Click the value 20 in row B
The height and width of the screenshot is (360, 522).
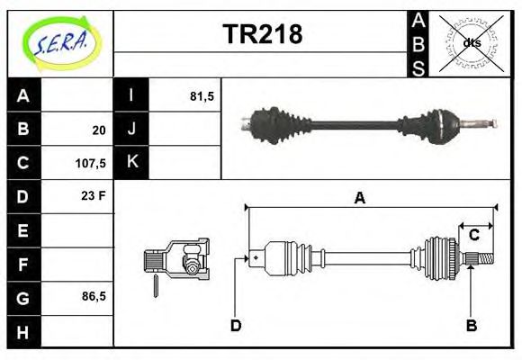click(98, 130)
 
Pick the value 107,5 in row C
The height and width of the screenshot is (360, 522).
click(93, 165)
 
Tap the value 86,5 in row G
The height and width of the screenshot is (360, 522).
click(93, 296)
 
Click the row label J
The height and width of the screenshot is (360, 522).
click(131, 130)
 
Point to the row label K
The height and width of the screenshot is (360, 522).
click(131, 163)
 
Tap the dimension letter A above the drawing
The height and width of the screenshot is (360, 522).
click(359, 199)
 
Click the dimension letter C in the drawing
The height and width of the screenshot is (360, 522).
click(473, 236)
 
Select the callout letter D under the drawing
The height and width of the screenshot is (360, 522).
click(236, 325)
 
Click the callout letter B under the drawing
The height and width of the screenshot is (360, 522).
click(471, 325)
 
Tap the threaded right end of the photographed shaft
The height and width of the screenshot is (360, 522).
click(483, 122)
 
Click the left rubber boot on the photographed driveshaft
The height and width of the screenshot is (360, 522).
click(270, 124)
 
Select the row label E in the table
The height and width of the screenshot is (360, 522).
click(23, 230)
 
